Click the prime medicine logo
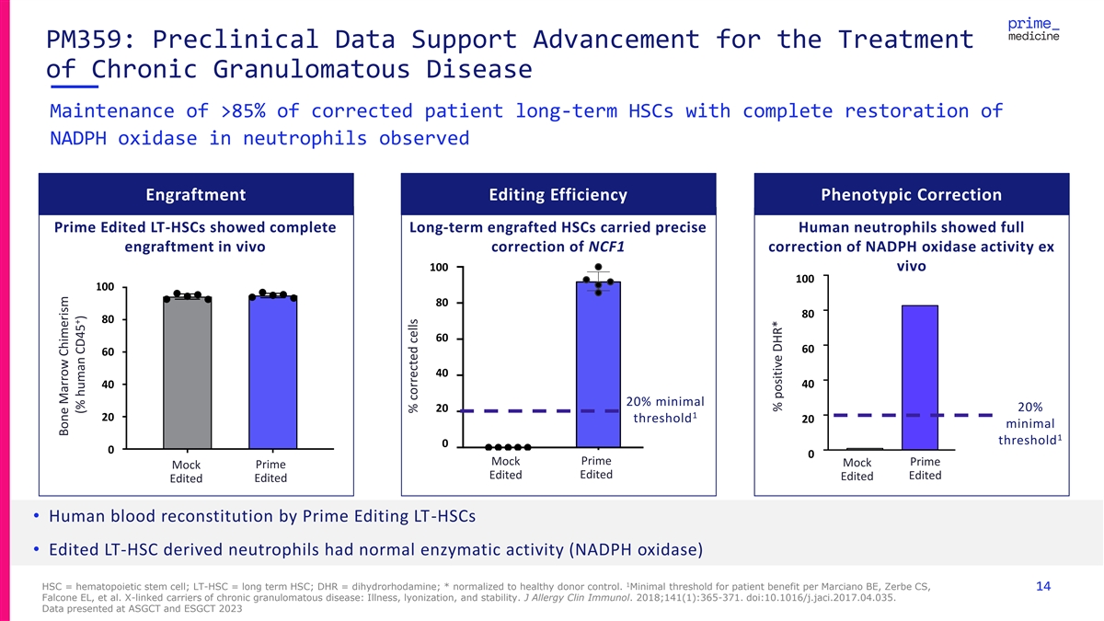pos(1033,29)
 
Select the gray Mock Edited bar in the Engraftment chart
pos(188,373)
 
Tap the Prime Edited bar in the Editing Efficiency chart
pos(598,364)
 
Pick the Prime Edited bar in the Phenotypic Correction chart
pos(920,377)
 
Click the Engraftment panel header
pos(196,194)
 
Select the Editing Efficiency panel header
pos(558,194)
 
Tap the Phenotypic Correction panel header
pos(912,194)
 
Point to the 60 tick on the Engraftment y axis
pos(108,351)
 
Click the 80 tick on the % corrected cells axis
pos(442,303)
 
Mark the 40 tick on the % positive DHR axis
pos(808,384)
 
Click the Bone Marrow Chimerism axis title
pos(72,366)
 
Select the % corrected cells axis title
pos(413,366)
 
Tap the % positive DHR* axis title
pos(777,366)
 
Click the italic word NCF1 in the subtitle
pos(606,247)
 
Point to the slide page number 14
pos(1043,586)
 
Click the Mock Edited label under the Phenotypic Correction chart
pos(857,469)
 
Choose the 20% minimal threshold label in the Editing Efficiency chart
pos(665,409)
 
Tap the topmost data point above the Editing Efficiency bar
pos(598,267)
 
